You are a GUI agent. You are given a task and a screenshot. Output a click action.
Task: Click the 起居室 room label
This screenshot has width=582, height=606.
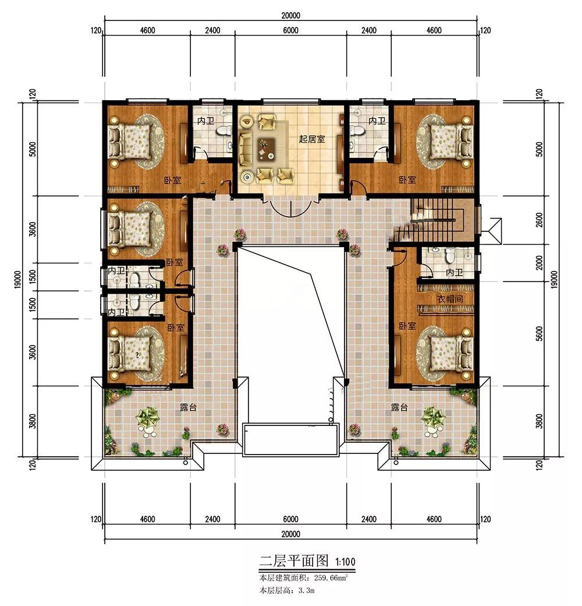tap(312, 139)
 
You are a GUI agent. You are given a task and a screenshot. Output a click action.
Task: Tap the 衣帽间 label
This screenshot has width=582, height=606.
tap(450, 299)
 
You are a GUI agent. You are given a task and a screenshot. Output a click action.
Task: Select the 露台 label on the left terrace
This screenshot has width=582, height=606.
tap(189, 407)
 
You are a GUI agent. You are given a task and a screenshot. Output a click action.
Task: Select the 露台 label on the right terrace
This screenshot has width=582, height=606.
tap(399, 407)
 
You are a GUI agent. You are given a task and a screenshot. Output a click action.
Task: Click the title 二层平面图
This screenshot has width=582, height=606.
tap(294, 560)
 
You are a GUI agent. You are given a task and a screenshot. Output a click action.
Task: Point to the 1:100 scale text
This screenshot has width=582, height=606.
tap(345, 561)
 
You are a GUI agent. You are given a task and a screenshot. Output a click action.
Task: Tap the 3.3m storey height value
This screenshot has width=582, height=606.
tap(307, 590)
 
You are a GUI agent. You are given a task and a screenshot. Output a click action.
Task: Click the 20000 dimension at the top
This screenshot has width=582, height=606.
tap(290, 16)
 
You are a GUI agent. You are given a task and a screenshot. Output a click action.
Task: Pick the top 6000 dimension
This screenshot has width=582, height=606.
tap(290, 30)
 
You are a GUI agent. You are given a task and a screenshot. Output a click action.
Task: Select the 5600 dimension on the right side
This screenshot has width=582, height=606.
tap(540, 333)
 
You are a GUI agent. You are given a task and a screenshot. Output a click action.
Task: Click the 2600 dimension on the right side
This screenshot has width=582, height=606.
tap(540, 220)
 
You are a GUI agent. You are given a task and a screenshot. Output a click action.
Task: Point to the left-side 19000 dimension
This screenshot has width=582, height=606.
tap(18, 280)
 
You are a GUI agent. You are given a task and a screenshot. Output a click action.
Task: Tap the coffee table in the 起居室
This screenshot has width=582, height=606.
tap(266, 148)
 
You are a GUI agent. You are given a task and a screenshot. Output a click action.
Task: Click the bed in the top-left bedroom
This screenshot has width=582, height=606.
tap(130, 142)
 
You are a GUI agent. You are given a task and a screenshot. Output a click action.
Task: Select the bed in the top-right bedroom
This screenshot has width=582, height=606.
tap(451, 142)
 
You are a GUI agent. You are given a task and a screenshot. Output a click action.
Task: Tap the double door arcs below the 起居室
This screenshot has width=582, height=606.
tap(290, 207)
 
